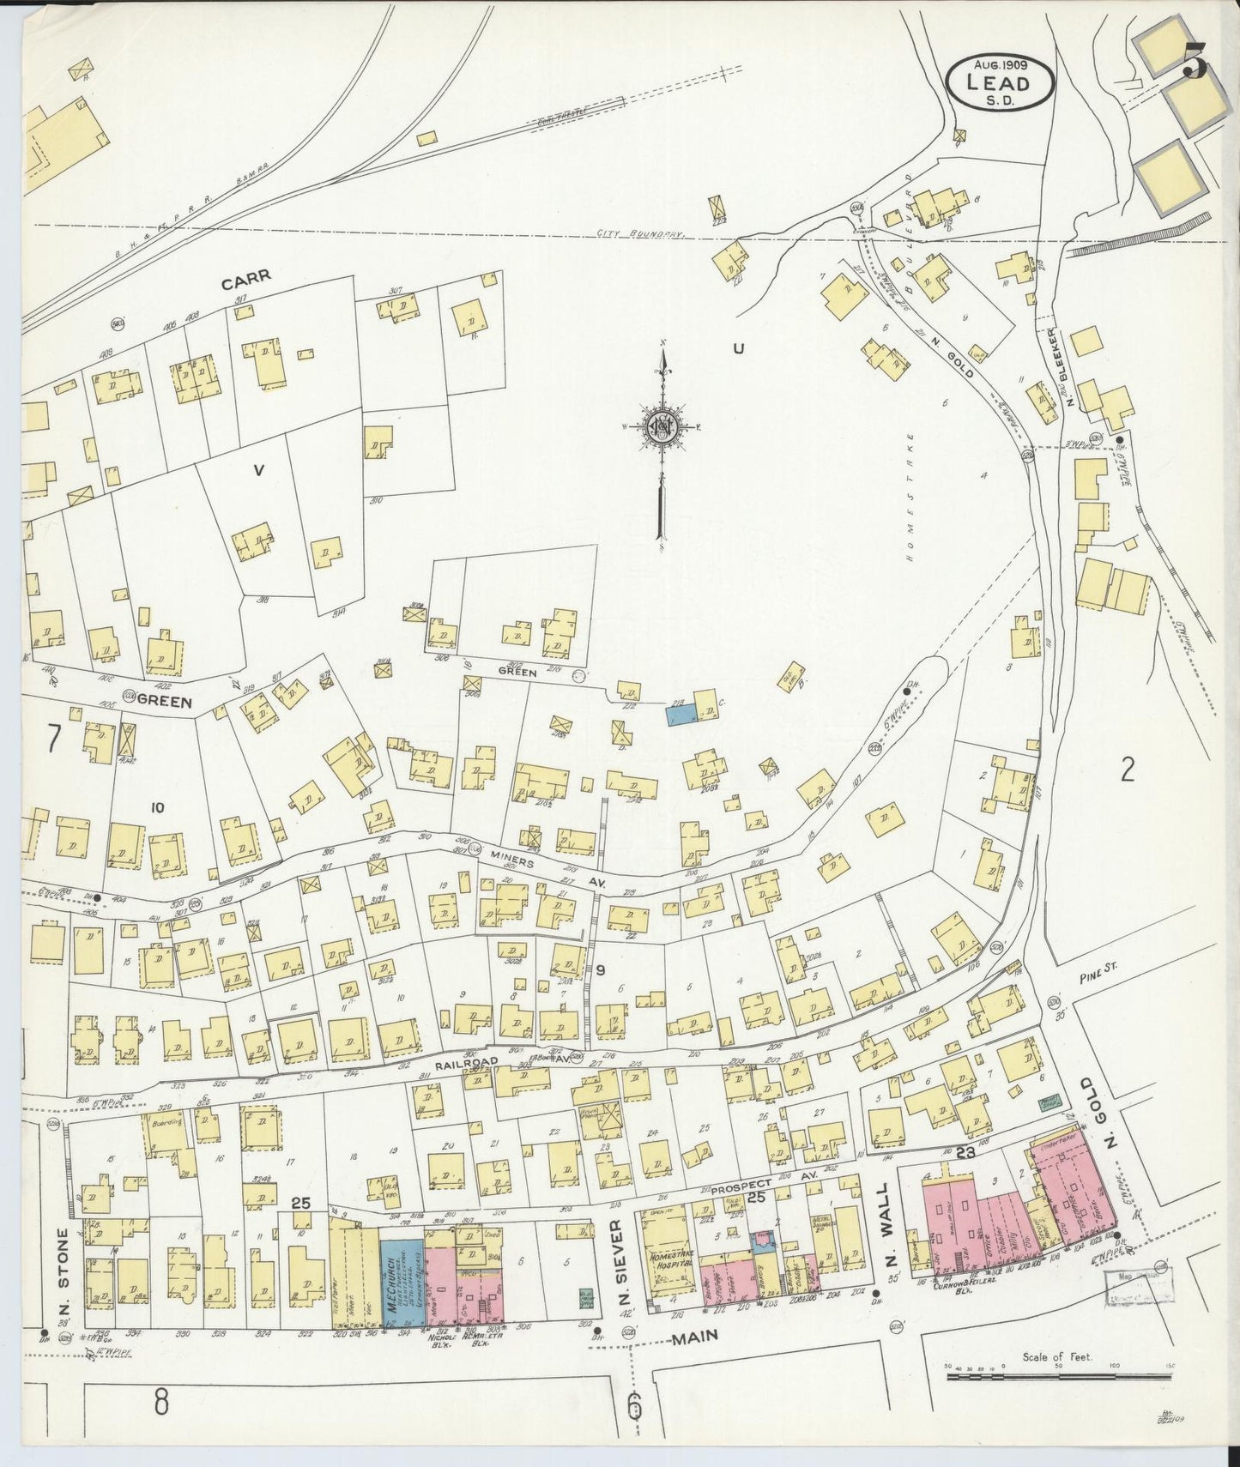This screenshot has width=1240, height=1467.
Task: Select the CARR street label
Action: [x=245, y=276]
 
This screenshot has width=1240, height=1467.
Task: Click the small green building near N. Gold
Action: [x=1049, y=1102]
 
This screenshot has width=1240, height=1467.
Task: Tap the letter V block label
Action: [x=257, y=468]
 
